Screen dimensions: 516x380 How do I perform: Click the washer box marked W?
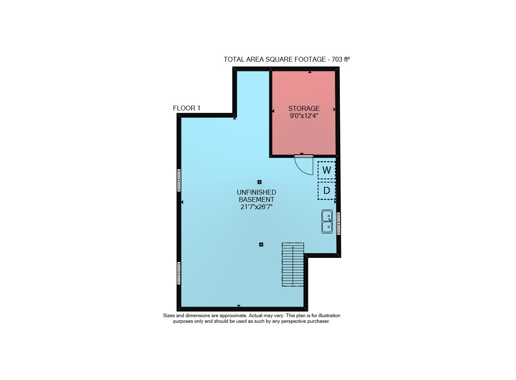click(x=327, y=170)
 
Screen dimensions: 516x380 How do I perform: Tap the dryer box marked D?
click(x=327, y=191)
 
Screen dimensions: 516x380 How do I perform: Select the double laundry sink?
click(x=327, y=221)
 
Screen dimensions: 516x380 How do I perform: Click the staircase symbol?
click(x=293, y=264)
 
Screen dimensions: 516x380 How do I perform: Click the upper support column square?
click(x=259, y=182)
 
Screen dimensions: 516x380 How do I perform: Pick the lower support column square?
click(x=261, y=245)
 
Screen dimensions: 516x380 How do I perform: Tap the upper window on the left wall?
click(x=179, y=180)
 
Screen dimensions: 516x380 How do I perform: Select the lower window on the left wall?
click(x=179, y=273)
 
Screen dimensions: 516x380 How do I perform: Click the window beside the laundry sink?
click(x=338, y=224)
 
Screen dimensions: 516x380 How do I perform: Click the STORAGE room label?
click(x=304, y=108)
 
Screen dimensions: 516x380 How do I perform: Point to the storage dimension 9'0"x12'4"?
click(x=304, y=116)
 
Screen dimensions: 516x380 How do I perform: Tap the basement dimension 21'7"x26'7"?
click(x=256, y=207)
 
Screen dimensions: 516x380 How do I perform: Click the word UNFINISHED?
click(x=256, y=192)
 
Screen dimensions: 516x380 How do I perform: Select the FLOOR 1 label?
click(x=187, y=108)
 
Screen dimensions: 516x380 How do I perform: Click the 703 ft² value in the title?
click(x=341, y=59)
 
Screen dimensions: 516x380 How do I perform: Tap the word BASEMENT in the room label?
click(x=256, y=200)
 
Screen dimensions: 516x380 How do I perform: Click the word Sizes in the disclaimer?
click(x=169, y=316)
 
